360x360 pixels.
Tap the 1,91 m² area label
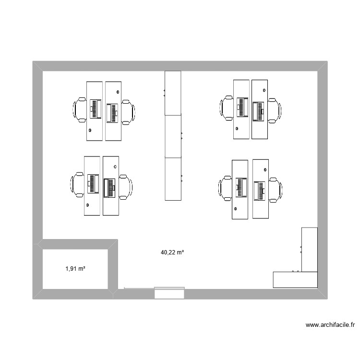(75, 269)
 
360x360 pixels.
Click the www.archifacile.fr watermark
(330, 325)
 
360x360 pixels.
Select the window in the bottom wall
(169, 292)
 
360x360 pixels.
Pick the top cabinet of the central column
(173, 93)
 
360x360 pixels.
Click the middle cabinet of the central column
(173, 136)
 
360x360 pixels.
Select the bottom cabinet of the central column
(173, 179)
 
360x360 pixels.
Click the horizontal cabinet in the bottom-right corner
(295, 280)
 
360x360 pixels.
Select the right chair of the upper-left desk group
(128, 112)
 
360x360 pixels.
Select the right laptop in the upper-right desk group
(259, 111)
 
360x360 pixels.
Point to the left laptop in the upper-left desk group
(95, 108)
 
